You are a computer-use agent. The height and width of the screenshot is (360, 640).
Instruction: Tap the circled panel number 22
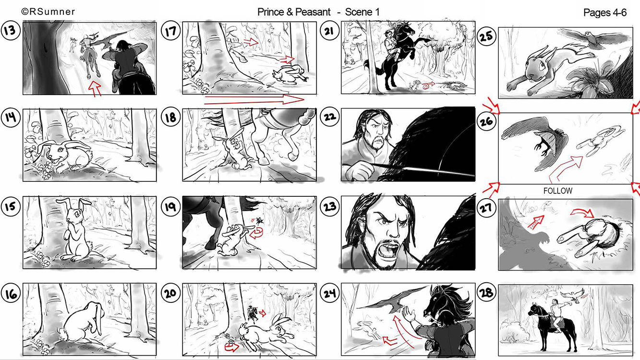click(329, 117)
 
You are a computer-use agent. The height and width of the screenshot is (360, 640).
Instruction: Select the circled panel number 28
click(486, 293)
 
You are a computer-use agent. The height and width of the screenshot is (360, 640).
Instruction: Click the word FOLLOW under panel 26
click(558, 191)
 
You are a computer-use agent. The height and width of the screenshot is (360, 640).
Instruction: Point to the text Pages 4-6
click(605, 12)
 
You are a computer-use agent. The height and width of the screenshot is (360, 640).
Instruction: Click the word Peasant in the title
click(313, 12)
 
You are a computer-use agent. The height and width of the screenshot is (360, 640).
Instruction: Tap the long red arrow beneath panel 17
click(254, 99)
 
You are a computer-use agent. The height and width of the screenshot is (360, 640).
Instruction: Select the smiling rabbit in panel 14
click(64, 156)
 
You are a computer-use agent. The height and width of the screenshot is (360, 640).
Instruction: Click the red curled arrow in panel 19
click(256, 233)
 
